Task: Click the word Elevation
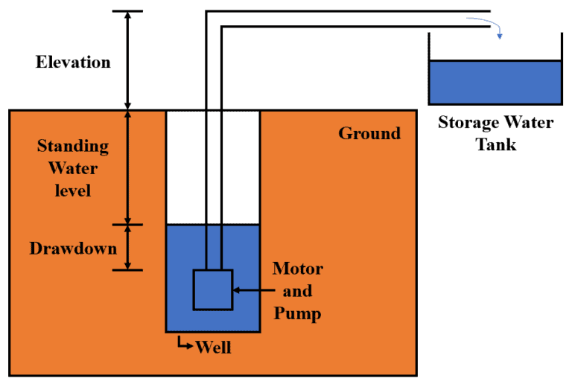tap(73, 62)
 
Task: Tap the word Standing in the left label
tap(73, 146)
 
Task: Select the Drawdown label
tap(73, 249)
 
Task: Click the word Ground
tap(369, 133)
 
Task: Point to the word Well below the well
tap(213, 347)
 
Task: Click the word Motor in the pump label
tap(298, 268)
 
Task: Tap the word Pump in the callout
tap(298, 313)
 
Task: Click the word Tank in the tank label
tap(496, 144)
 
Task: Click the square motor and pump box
tap(213, 289)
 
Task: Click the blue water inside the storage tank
tap(495, 82)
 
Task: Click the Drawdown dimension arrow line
tap(127, 247)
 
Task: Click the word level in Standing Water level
tap(73, 191)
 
